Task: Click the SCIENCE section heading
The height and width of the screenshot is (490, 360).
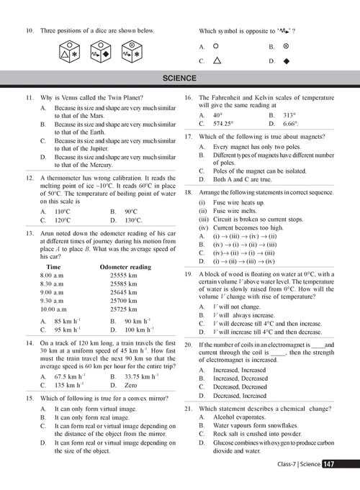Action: [179, 78]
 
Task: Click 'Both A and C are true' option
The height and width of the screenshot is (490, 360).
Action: [239, 179]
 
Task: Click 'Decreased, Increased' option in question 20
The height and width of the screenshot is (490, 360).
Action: [240, 395]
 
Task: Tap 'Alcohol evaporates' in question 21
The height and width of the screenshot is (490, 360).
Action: [236, 417]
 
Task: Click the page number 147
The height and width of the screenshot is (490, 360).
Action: [328, 464]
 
